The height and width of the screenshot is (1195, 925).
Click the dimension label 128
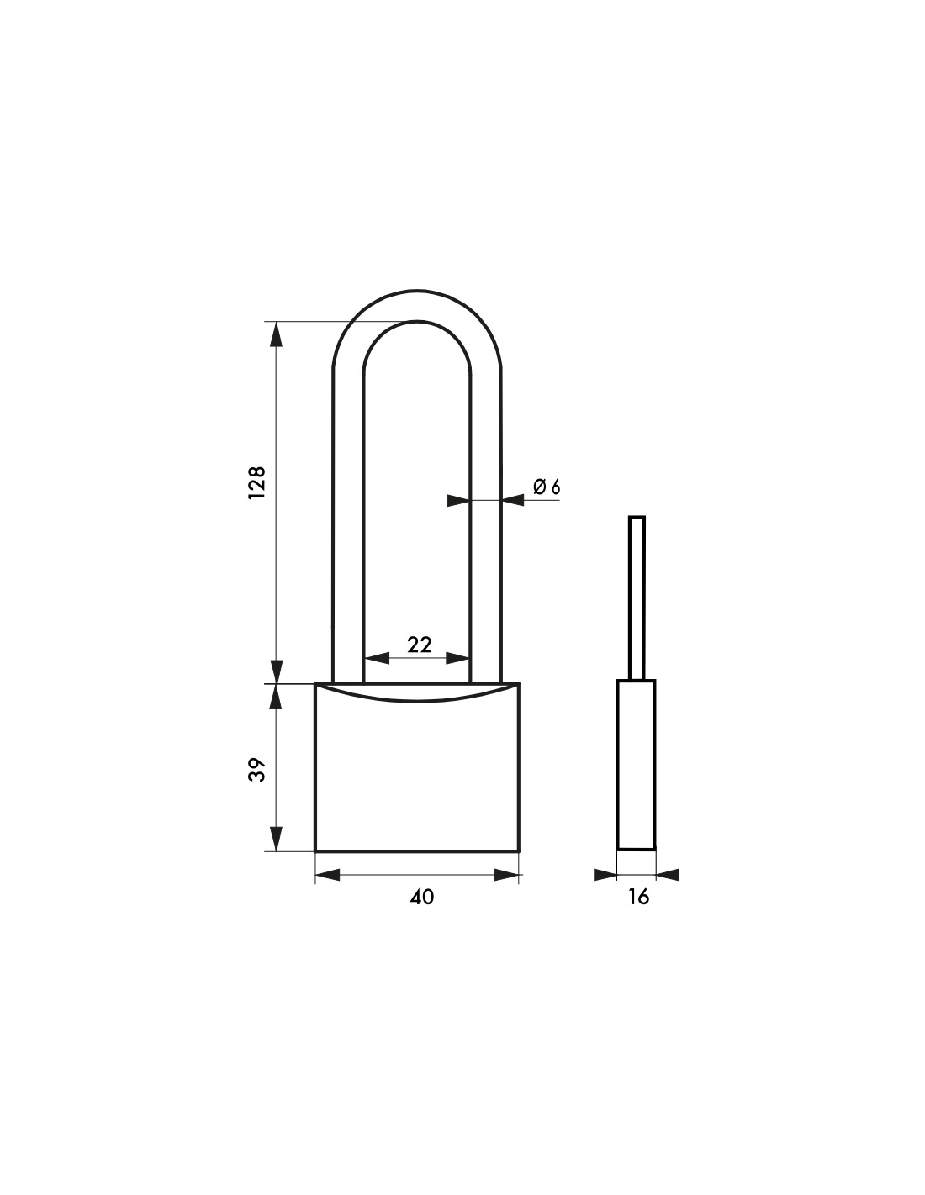click(x=257, y=483)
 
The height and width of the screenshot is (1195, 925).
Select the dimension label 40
click(x=422, y=897)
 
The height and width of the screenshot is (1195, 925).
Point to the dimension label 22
click(x=420, y=644)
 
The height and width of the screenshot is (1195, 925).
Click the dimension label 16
click(x=638, y=897)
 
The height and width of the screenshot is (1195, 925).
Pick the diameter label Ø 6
click(x=547, y=487)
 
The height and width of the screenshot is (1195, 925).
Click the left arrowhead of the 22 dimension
click(x=377, y=658)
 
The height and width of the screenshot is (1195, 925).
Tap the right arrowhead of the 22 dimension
click(x=457, y=658)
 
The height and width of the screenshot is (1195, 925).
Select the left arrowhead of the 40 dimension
click(x=328, y=874)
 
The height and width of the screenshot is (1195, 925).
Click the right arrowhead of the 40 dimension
click(x=506, y=874)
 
